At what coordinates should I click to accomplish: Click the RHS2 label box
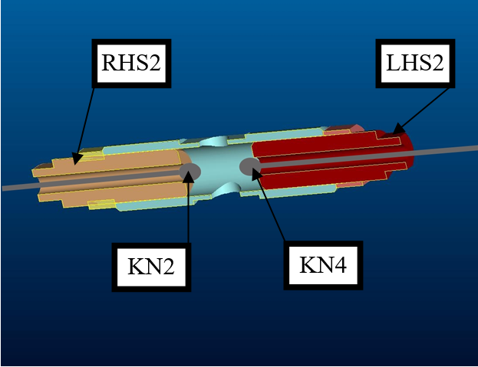(133, 64)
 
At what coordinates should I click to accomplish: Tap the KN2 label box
(151, 266)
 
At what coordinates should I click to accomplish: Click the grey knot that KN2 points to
(190, 172)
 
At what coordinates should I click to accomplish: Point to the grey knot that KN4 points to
(251, 165)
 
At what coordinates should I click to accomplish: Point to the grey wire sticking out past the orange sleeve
(19, 186)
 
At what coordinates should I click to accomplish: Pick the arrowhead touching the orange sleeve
(75, 160)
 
